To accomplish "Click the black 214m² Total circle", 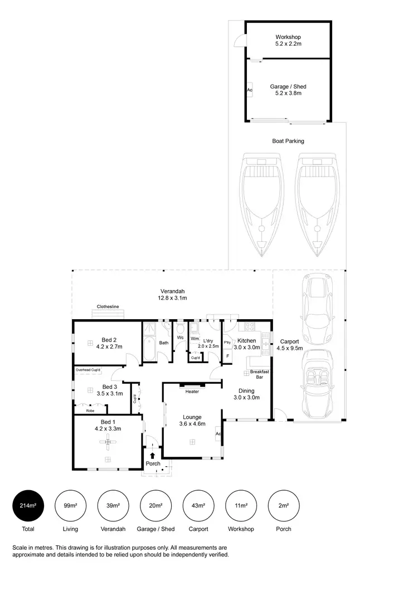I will (x=28, y=506).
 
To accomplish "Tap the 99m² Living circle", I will (x=70, y=506).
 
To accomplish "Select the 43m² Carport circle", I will (x=198, y=506).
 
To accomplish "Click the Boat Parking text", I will (x=288, y=141).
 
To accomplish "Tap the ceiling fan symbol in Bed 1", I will (x=108, y=442).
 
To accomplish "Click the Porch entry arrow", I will (x=152, y=455).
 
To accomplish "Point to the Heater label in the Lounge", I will (x=192, y=391).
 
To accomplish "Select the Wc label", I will (x=180, y=338).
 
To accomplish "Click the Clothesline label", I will (x=108, y=306).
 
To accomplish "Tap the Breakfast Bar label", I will (x=259, y=374).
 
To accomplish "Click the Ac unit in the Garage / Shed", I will (x=250, y=89).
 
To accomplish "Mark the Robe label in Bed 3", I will (x=90, y=411).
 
